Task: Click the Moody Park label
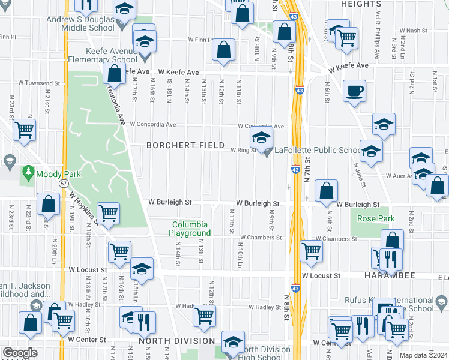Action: tap(54, 174)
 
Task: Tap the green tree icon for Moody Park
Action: tap(28, 174)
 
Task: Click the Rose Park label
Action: tap(376, 219)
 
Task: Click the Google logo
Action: tap(20, 353)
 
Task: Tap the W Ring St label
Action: tap(244, 151)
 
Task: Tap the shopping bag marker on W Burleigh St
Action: tap(325, 191)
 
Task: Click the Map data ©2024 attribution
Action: tap(424, 355)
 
